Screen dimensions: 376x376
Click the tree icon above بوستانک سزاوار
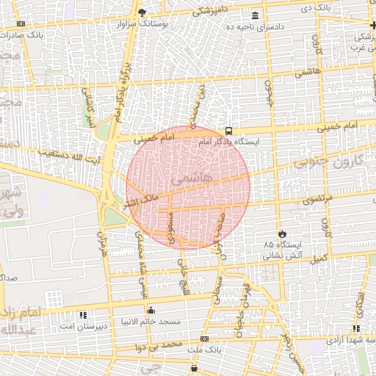(x=142, y=12)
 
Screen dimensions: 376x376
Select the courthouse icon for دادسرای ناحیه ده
(x=255, y=16)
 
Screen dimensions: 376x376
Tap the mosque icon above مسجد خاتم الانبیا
(x=151, y=310)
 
